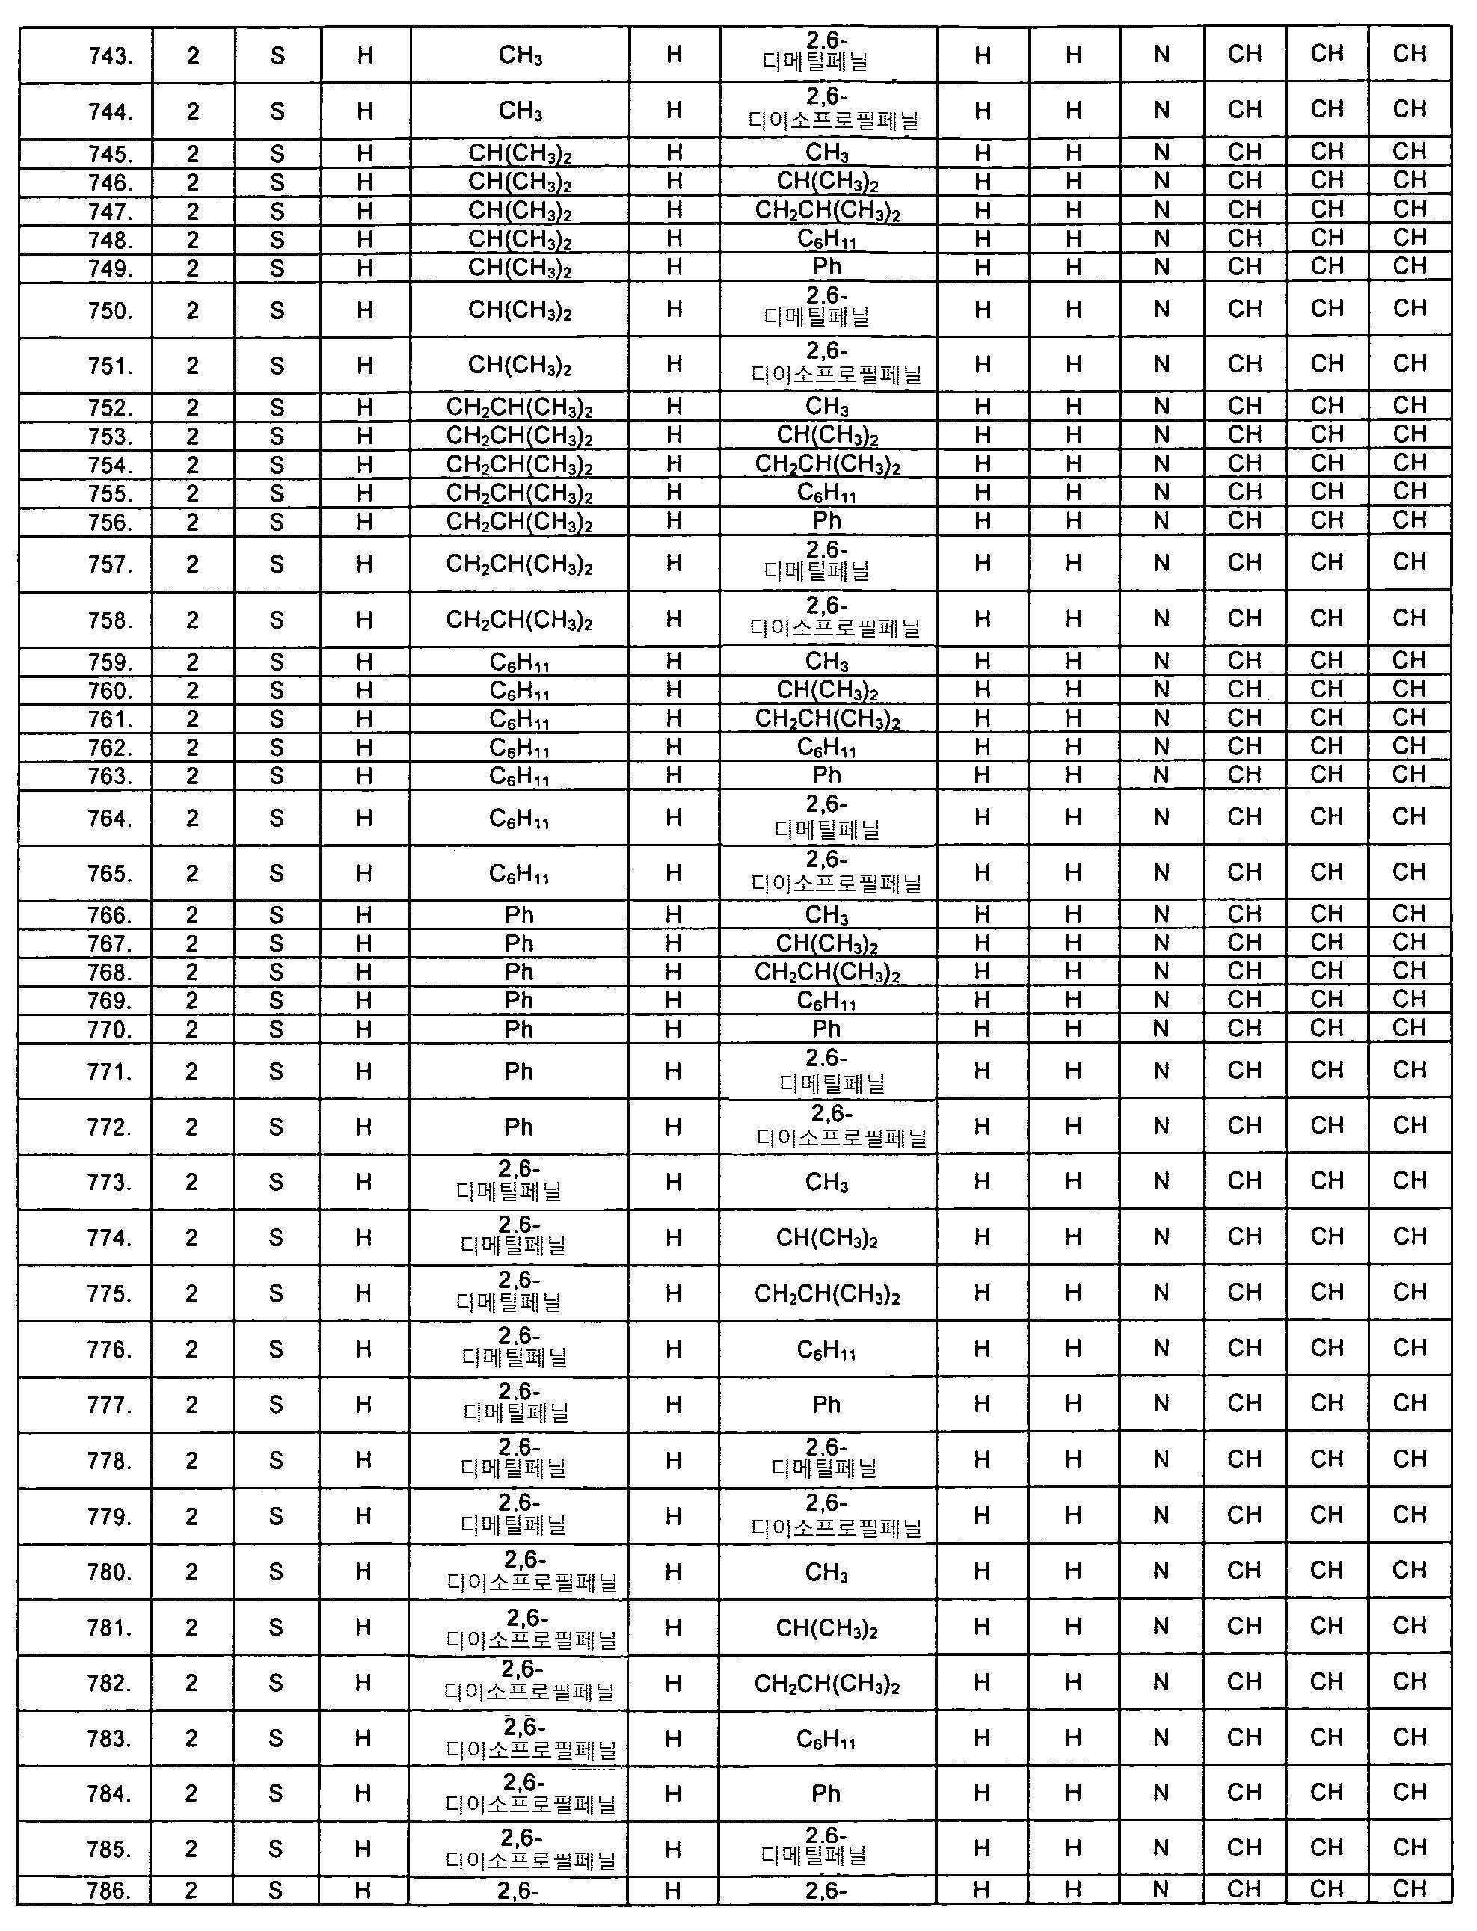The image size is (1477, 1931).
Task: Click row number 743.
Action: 110,57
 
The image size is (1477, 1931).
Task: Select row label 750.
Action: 110,311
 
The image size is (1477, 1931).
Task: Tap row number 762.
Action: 110,748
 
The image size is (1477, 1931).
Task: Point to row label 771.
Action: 110,1071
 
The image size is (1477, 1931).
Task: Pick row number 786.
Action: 110,1891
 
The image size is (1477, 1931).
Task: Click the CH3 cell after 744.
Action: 520,111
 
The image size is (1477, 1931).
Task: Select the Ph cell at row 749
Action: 826,267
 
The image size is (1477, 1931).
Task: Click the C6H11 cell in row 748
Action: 826,239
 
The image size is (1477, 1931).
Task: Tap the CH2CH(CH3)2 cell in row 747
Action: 827,211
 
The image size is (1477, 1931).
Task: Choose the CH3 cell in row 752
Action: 826,407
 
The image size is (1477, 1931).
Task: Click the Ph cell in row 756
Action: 826,521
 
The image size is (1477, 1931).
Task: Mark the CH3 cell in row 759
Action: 826,662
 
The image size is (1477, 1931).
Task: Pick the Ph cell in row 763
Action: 826,775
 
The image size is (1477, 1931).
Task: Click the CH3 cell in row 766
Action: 826,915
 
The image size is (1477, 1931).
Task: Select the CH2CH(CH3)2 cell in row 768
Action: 826,972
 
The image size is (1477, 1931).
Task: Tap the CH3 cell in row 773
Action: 826,1182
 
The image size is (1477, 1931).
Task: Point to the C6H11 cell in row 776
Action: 826,1349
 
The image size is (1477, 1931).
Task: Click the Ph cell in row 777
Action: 826,1405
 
